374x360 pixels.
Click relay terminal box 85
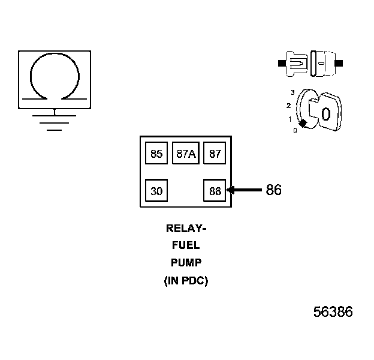(x=156, y=154)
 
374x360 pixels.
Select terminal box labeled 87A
(x=185, y=154)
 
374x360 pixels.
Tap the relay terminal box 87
(x=215, y=154)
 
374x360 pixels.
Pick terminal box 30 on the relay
(x=156, y=191)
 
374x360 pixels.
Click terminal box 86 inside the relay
(x=215, y=191)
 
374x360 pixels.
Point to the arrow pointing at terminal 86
(x=243, y=190)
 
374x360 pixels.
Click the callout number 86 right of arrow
(x=273, y=190)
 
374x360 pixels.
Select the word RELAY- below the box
(x=185, y=229)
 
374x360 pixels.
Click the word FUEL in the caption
(x=185, y=245)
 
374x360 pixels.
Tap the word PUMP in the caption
(x=185, y=263)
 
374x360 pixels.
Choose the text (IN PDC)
(x=185, y=280)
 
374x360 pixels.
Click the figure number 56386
(x=333, y=312)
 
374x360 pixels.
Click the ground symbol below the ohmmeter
(x=55, y=122)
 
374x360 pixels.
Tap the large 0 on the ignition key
(x=325, y=114)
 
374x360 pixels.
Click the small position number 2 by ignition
(x=289, y=106)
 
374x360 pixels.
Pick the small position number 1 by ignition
(x=290, y=119)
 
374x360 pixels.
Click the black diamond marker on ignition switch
(x=303, y=124)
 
